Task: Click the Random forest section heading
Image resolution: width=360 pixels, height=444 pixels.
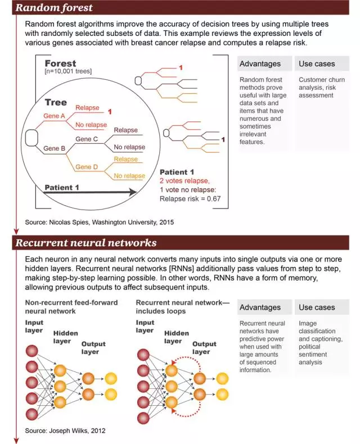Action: point(54,8)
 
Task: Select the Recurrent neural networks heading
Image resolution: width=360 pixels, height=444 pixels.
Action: point(86,243)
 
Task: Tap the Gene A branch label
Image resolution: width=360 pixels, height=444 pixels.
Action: point(54,116)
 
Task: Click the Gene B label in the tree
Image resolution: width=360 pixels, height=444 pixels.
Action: point(54,148)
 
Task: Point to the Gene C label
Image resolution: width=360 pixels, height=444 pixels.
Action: point(87,139)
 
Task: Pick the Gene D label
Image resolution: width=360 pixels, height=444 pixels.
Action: point(87,167)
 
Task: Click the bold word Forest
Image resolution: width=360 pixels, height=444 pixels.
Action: point(60,64)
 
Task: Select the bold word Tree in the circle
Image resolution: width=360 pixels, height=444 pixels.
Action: point(56,102)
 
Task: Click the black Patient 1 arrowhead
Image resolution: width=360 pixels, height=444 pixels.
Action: point(133,192)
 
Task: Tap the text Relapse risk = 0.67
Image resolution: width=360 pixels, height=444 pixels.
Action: point(190,199)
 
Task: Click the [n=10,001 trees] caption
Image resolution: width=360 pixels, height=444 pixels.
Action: point(68,71)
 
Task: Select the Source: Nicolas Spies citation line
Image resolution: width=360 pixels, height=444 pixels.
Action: point(99,223)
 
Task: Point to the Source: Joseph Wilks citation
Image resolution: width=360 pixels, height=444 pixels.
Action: point(65,431)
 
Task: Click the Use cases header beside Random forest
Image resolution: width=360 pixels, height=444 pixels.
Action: point(317,64)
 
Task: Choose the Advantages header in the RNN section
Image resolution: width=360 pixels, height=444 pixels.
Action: point(260,307)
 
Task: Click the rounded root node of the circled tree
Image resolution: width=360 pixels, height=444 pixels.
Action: point(31,138)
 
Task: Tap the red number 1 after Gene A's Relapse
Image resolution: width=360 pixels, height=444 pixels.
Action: point(110,112)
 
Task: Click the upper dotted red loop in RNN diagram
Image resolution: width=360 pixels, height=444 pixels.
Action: point(187,357)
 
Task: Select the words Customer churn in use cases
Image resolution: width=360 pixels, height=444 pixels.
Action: point(322,80)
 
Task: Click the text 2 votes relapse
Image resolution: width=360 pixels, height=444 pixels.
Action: point(184,180)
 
